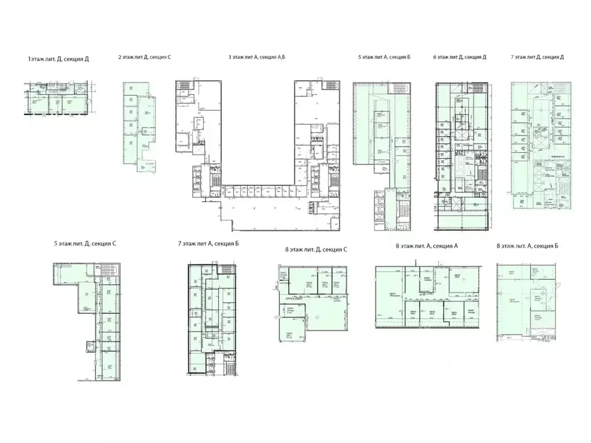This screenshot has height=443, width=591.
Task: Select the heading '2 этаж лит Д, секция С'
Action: coord(144,57)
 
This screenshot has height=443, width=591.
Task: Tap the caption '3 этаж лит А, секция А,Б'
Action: coord(257,57)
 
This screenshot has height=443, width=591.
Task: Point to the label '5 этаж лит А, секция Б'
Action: coord(384,57)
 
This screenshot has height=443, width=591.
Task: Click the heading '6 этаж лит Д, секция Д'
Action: coord(459,57)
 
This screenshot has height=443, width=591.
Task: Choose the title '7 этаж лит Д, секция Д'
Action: coord(537,57)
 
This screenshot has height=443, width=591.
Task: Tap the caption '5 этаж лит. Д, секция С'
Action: coord(85,243)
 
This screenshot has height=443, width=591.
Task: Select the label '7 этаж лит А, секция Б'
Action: coord(208,243)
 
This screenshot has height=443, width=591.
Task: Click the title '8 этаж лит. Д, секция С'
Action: coord(316,249)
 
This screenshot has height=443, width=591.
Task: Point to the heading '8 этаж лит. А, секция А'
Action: coord(427,246)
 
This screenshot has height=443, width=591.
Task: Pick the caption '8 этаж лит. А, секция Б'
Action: coord(528,246)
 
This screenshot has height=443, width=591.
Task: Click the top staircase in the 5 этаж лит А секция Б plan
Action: coord(399,88)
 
